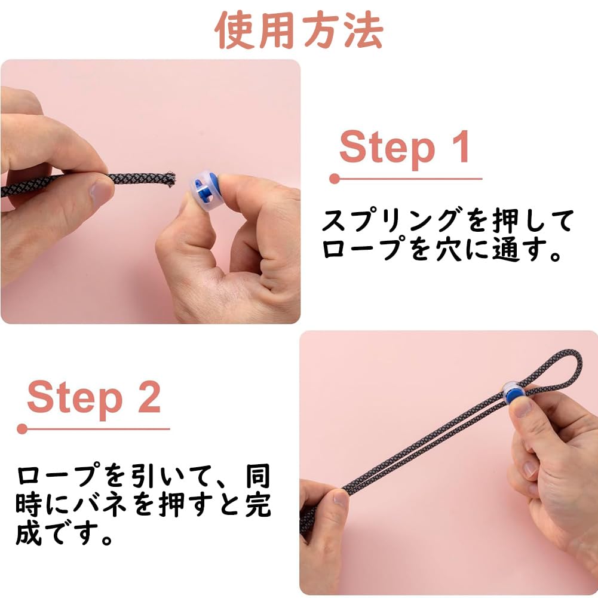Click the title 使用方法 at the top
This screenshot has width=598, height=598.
click(x=299, y=30)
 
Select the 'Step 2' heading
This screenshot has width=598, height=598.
click(x=94, y=398)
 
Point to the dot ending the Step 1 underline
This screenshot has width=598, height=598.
click(x=335, y=179)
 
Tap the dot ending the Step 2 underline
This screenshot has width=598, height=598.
click(x=22, y=429)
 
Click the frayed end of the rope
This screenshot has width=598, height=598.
click(x=168, y=179)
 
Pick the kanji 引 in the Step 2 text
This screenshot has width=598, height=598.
click(x=145, y=476)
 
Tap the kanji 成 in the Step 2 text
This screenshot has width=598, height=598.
click(x=29, y=532)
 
